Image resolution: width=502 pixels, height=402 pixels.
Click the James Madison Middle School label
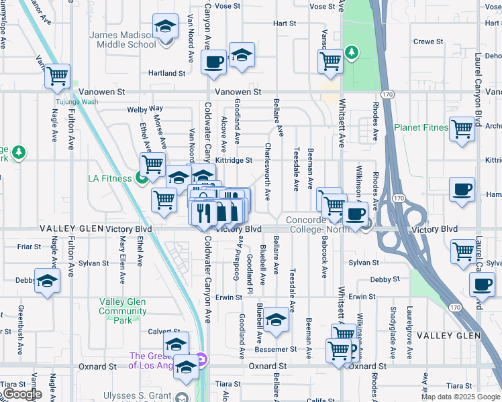(x=123, y=40)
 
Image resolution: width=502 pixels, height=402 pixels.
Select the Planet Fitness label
(x=420, y=127)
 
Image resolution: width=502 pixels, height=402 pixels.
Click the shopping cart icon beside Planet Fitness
(x=462, y=129)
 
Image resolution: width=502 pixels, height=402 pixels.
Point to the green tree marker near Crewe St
(x=350, y=52)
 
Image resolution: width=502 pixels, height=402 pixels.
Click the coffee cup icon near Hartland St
(x=214, y=62)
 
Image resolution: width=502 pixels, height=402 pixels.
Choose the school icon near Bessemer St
(x=275, y=319)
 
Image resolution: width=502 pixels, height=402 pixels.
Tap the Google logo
(x=22, y=394)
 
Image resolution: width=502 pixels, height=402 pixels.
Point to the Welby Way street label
(x=146, y=109)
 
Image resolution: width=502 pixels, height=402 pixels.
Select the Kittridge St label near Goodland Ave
(x=233, y=161)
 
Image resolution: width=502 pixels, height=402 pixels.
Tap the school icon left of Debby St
(x=48, y=280)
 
